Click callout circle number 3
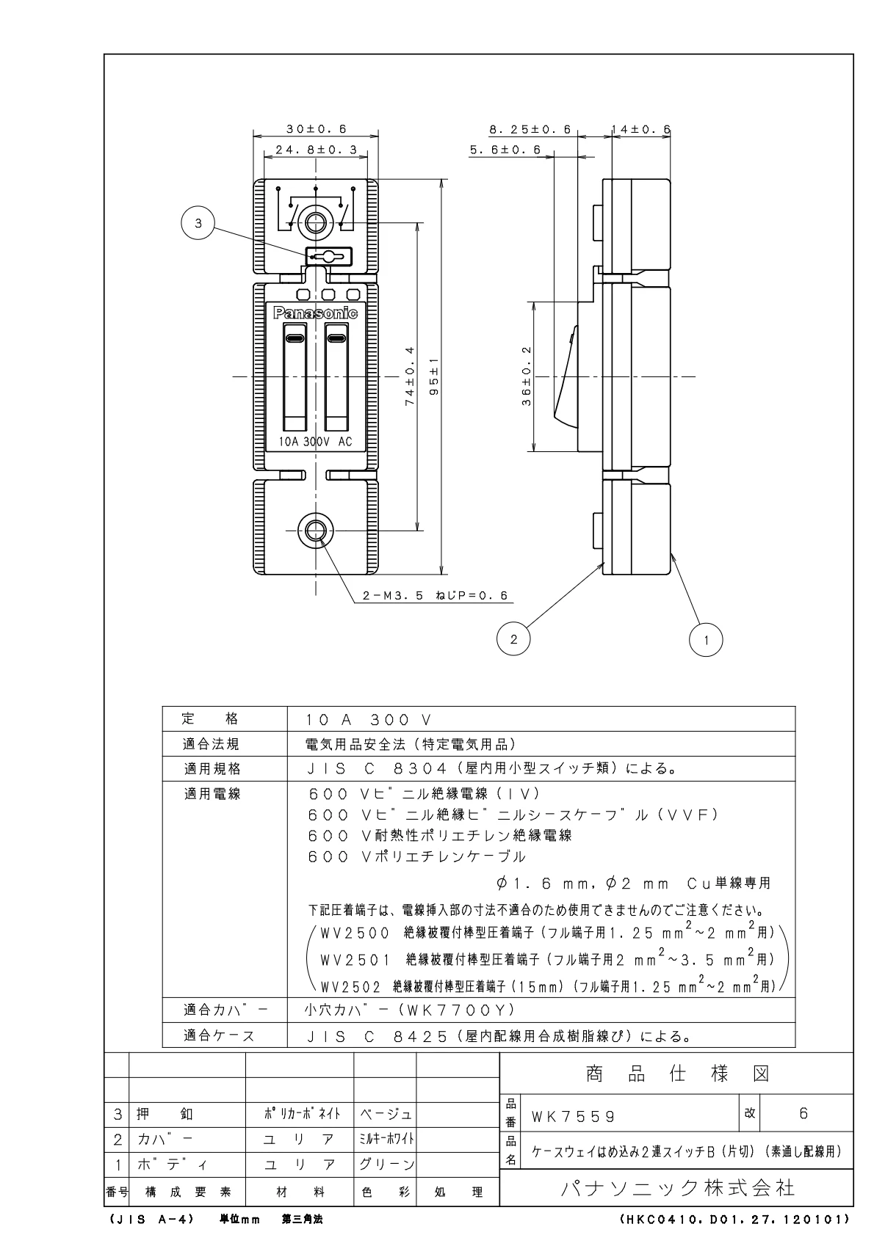[x=198, y=225]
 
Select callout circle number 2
[x=513, y=638]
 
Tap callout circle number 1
[x=706, y=638]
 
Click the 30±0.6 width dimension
[x=316, y=128]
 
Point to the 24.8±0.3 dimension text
[x=316, y=150]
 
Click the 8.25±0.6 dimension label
[x=530, y=129]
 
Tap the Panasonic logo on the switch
[x=315, y=313]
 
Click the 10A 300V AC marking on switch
[x=315, y=442]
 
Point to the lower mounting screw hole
[x=316, y=529]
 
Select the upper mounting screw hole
[x=316, y=223]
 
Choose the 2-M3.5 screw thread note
[x=435, y=596]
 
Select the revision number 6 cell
[x=803, y=1113]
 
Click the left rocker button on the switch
[x=295, y=382]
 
